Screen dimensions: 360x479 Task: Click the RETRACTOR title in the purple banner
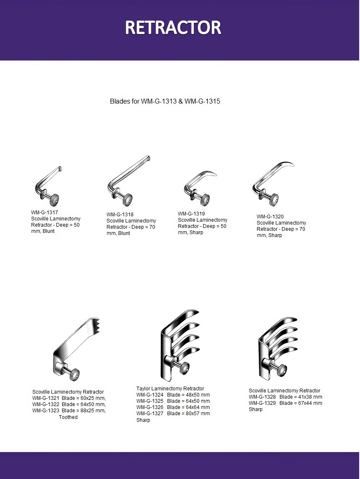(x=173, y=27)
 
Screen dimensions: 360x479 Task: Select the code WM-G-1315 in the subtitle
(x=202, y=102)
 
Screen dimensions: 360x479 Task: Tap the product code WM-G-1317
(x=44, y=212)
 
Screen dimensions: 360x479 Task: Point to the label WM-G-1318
(x=120, y=215)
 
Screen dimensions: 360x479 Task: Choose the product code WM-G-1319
(x=191, y=213)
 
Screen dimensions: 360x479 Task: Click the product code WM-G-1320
(x=270, y=217)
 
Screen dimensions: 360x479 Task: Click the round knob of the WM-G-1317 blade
(x=54, y=200)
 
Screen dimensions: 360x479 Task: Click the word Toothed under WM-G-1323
(x=68, y=417)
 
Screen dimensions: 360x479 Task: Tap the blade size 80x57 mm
(x=197, y=414)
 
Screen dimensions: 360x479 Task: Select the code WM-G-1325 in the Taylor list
(x=150, y=401)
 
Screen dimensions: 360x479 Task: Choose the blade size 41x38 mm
(x=310, y=397)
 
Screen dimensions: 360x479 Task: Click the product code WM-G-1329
(x=262, y=403)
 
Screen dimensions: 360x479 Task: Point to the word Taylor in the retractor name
(x=143, y=389)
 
